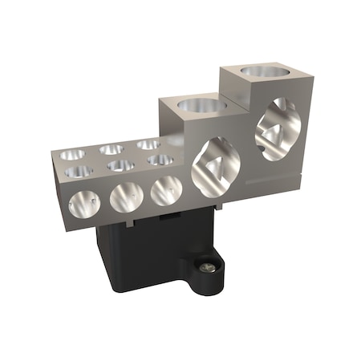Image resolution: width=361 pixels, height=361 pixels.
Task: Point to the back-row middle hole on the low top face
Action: tap(112, 149)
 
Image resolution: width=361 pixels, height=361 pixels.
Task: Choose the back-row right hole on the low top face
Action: tap(148, 144)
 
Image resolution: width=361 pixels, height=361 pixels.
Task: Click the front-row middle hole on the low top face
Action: tap(120, 165)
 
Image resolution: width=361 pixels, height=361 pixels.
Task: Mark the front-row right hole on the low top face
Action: tap(160, 160)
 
